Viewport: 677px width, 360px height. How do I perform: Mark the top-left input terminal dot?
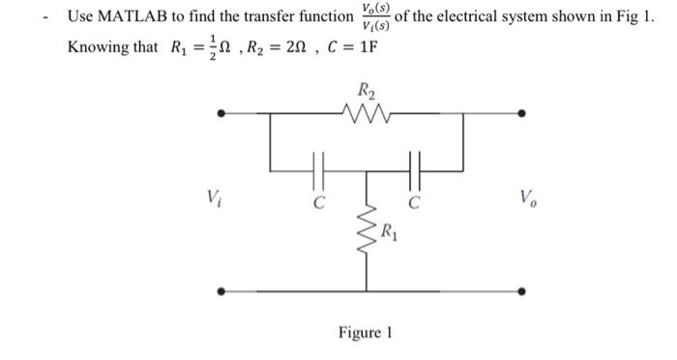pos(222,114)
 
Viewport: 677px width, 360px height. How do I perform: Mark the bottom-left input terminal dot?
pos(222,289)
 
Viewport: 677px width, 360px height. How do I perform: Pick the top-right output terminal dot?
pos(522,114)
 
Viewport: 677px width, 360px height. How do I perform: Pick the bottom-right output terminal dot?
pos(522,289)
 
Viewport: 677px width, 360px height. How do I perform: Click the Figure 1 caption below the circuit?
pos(365,333)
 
